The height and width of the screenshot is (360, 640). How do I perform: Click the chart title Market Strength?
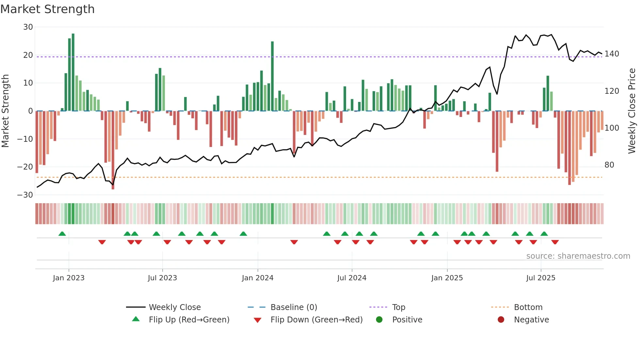coord(47,9)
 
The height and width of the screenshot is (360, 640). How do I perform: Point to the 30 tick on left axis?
coord(28,27)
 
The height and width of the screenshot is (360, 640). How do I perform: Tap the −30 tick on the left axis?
coord(25,195)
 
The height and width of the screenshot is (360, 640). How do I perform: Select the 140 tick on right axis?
coord(612,54)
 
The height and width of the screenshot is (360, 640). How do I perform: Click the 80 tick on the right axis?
coord(609,165)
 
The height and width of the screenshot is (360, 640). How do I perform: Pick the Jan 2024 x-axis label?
coord(257,278)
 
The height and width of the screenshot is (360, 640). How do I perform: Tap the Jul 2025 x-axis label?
coord(540,278)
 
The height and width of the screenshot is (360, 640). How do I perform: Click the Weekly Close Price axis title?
coord(632,111)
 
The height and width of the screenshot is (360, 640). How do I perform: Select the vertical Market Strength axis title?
coord(5,111)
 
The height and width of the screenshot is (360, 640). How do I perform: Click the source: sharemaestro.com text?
coord(578,256)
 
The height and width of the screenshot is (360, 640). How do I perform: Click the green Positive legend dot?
coord(379,319)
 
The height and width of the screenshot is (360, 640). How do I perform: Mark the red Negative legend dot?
coord(501,319)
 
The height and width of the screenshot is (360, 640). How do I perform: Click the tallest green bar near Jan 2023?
coord(73,72)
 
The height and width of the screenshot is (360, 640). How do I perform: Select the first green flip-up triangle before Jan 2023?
coord(62,234)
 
